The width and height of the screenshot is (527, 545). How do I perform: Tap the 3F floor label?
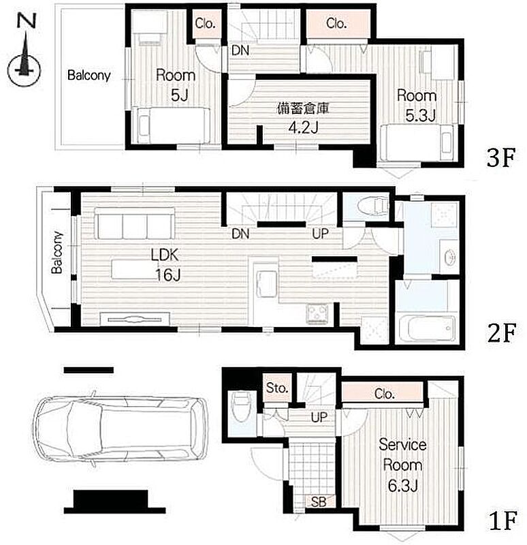coord(500,158)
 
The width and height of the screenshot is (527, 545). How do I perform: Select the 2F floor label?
coord(502,333)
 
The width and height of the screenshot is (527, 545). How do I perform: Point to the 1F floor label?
coord(503,520)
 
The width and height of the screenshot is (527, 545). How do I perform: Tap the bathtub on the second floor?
coord(427,328)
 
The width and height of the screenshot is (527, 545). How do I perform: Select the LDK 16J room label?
coord(165,265)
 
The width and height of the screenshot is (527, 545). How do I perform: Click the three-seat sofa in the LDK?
coord(135,223)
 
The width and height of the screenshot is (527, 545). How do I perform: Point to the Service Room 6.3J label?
coord(402,465)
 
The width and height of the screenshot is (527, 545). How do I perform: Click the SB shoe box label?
coord(319,501)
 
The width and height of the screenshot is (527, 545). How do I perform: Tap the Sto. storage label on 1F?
coord(277,388)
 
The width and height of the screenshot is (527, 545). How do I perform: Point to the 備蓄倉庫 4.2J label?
coord(303,118)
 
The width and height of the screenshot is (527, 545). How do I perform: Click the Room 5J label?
coord(176,85)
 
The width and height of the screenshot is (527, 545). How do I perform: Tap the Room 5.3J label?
coord(417,106)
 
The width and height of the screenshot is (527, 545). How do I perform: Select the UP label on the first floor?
coord(319,417)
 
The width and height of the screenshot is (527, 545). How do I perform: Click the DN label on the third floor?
coord(240,50)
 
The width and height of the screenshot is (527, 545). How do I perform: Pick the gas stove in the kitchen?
coord(317,313)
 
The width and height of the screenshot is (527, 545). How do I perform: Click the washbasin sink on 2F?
coord(449,258)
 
